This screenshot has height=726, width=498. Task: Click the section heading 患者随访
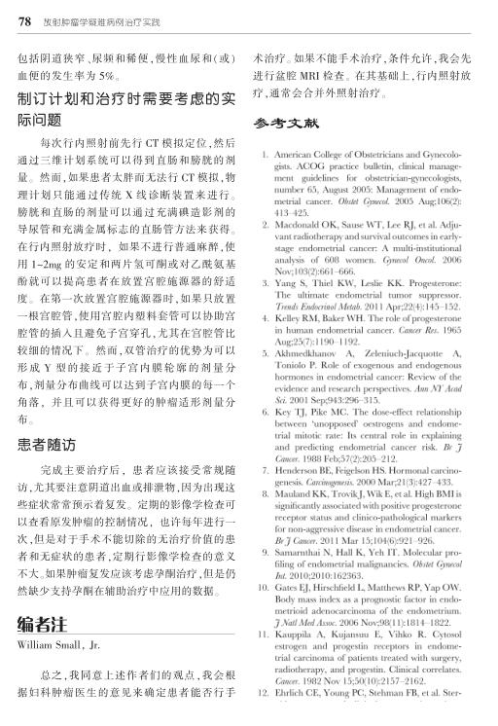click(x=48, y=448)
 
